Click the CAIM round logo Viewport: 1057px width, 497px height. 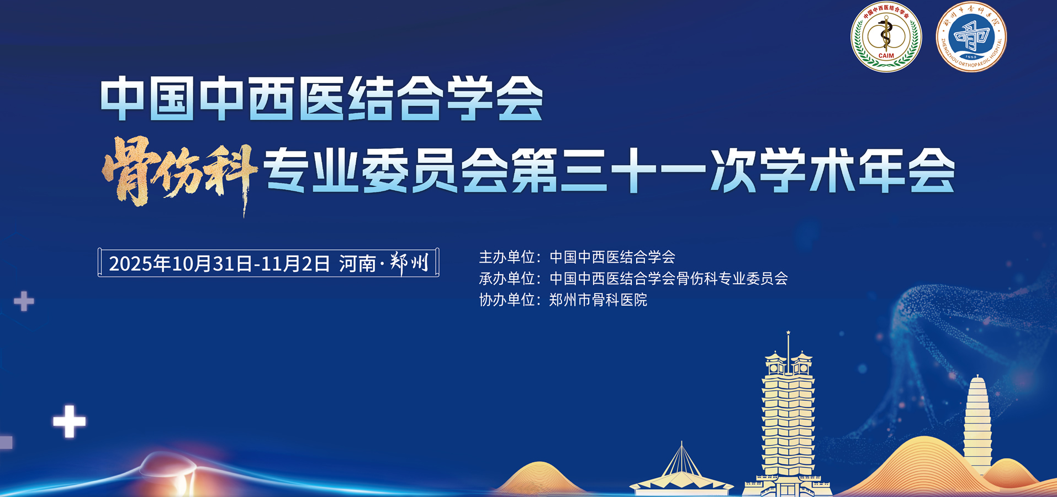point(886,37)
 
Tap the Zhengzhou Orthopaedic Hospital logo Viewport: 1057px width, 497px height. point(971,37)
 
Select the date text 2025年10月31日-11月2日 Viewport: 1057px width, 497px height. point(219,263)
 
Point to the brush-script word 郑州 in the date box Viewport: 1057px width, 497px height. point(409,263)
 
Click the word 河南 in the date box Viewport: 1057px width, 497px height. point(357,264)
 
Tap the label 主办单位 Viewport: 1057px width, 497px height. point(506,257)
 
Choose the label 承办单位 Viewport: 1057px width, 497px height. point(506,278)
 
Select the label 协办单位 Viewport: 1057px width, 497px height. point(506,300)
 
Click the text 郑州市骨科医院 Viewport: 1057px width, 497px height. point(598,300)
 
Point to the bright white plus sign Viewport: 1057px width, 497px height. point(69,421)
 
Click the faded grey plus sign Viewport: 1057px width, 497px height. point(24,301)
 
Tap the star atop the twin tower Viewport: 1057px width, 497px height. point(788,332)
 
